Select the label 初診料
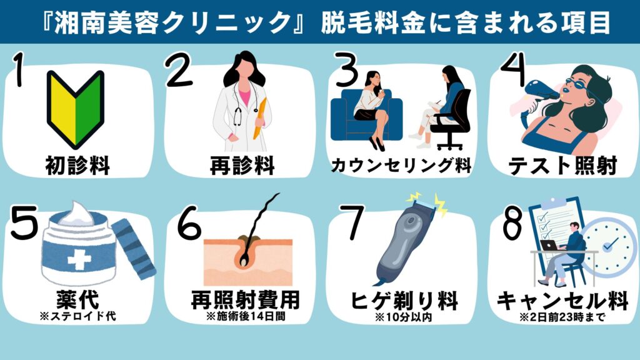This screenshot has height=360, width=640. click(x=77, y=166)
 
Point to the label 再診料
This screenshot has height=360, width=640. click(x=241, y=166)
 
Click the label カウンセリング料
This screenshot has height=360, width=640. click(x=401, y=166)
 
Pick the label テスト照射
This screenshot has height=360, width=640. click(x=562, y=166)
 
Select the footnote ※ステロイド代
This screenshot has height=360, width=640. click(x=78, y=317)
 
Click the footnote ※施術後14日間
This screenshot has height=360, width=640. click(x=244, y=317)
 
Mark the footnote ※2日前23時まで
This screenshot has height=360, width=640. click(x=562, y=317)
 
